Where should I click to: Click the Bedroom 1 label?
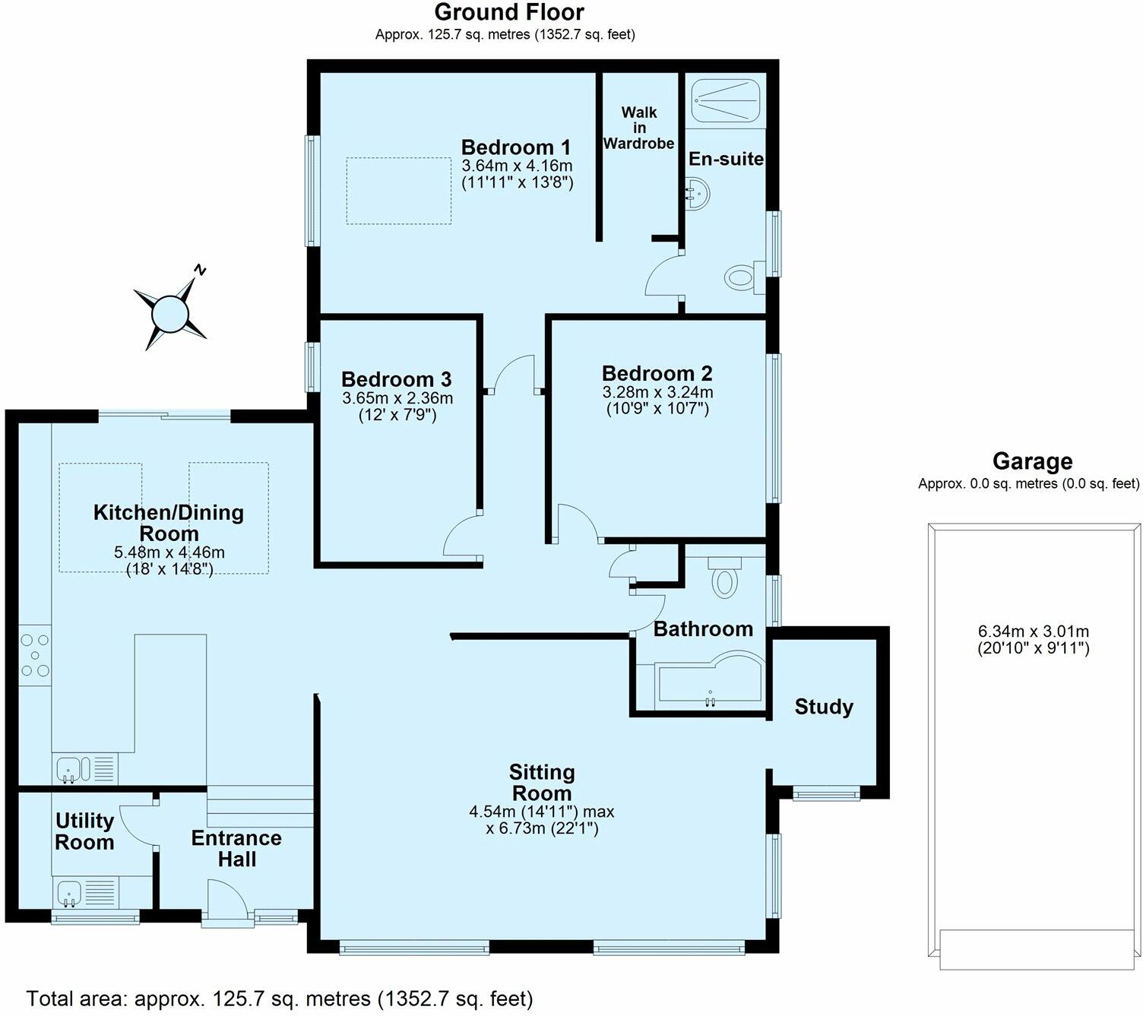coord(516,147)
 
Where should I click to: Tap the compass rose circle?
coord(169,313)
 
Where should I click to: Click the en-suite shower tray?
coord(726,100)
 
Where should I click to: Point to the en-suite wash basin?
coord(697,194)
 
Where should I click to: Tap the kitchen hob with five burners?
coord(35,655)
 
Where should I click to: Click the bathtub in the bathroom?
coord(709,680)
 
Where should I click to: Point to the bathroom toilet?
coord(724,577)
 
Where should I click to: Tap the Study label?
coord(824,706)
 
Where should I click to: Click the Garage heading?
coord(1032,461)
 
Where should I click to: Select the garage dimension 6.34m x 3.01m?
coord(1033,631)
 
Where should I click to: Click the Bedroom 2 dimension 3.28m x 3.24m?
coord(657,391)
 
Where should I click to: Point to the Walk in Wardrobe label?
coord(638,128)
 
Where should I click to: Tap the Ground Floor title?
coord(509,12)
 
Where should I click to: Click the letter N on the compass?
coord(199,270)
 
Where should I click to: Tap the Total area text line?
coord(279,998)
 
